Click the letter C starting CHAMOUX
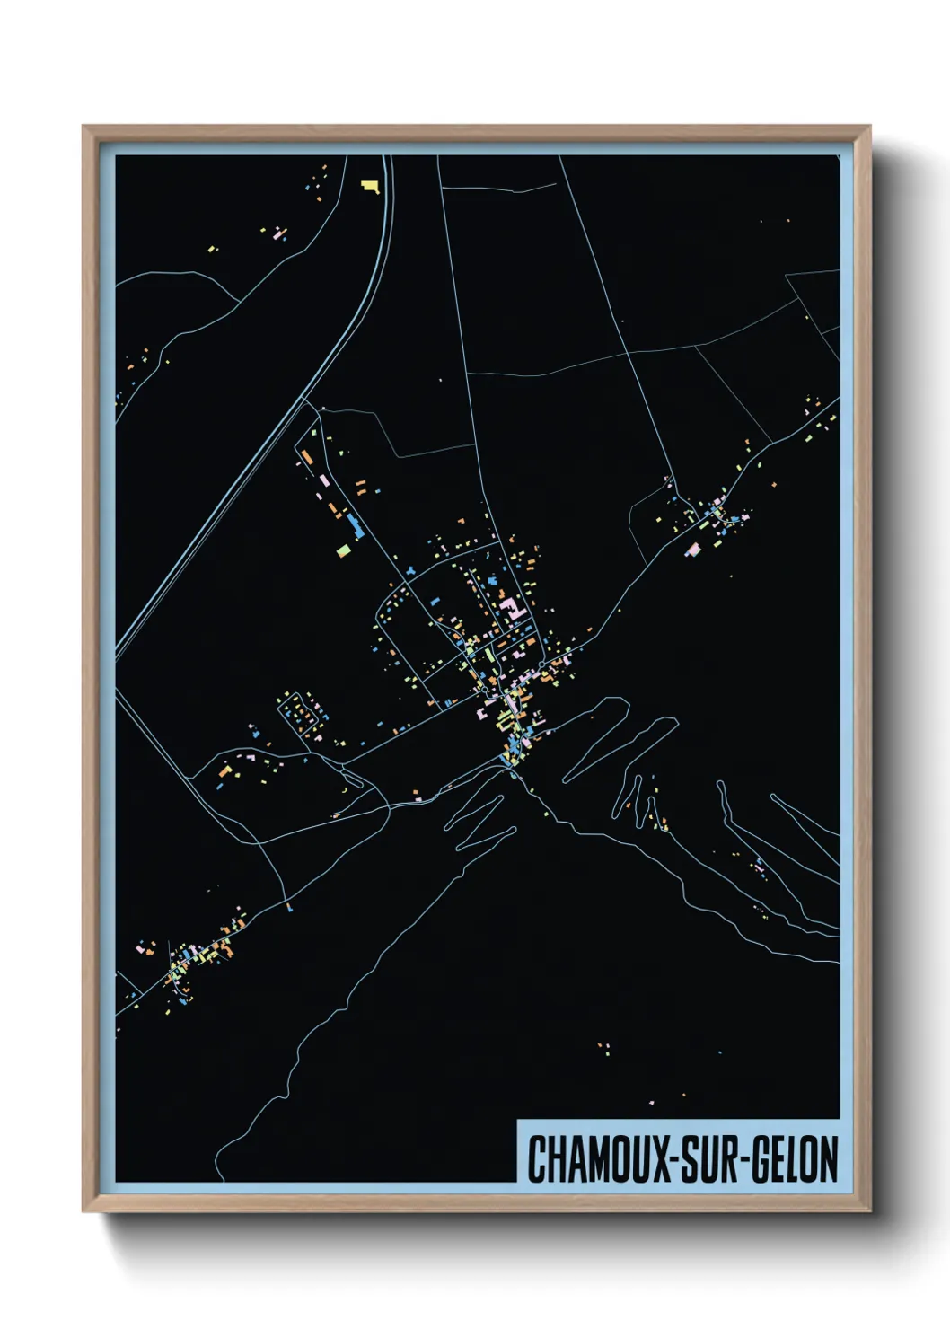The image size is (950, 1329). [537, 1159]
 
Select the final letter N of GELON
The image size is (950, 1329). [829, 1159]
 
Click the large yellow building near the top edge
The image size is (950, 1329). [370, 186]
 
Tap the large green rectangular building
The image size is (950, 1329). [342, 550]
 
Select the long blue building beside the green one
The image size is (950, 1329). [356, 527]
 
